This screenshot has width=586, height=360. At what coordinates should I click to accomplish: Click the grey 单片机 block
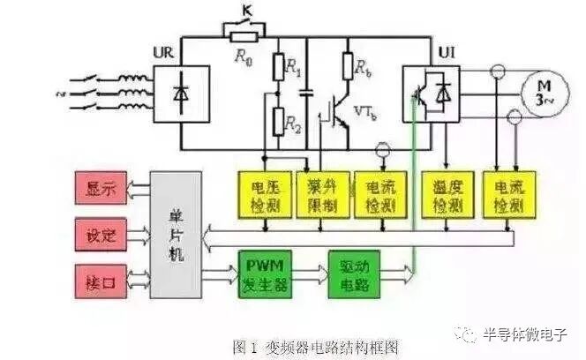[175, 235]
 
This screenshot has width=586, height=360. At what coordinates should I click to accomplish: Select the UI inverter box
[431, 93]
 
